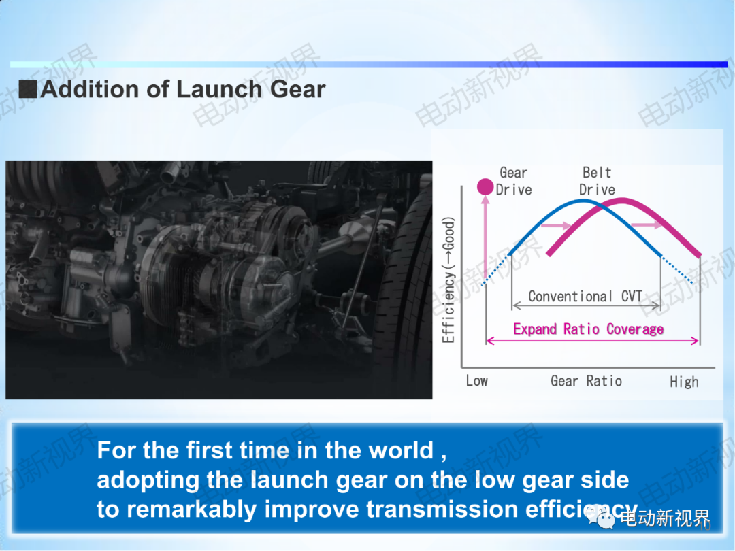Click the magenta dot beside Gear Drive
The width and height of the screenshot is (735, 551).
(x=485, y=186)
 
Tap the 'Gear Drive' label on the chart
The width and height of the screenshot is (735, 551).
(x=514, y=181)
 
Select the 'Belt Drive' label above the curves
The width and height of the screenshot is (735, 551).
(x=598, y=181)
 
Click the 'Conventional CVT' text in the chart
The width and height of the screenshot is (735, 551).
(x=585, y=296)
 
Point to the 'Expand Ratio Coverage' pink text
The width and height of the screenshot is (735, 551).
(x=588, y=329)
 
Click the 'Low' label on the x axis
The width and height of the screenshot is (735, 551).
(x=476, y=380)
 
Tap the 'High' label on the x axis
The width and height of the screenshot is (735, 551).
(x=684, y=382)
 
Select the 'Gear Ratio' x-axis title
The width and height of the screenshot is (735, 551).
(x=587, y=381)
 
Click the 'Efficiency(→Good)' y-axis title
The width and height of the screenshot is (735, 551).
(x=448, y=280)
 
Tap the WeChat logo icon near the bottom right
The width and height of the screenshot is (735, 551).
(x=600, y=518)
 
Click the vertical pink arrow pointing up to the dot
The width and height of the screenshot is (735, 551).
(x=485, y=239)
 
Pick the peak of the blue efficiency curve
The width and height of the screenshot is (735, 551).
(x=583, y=201)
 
